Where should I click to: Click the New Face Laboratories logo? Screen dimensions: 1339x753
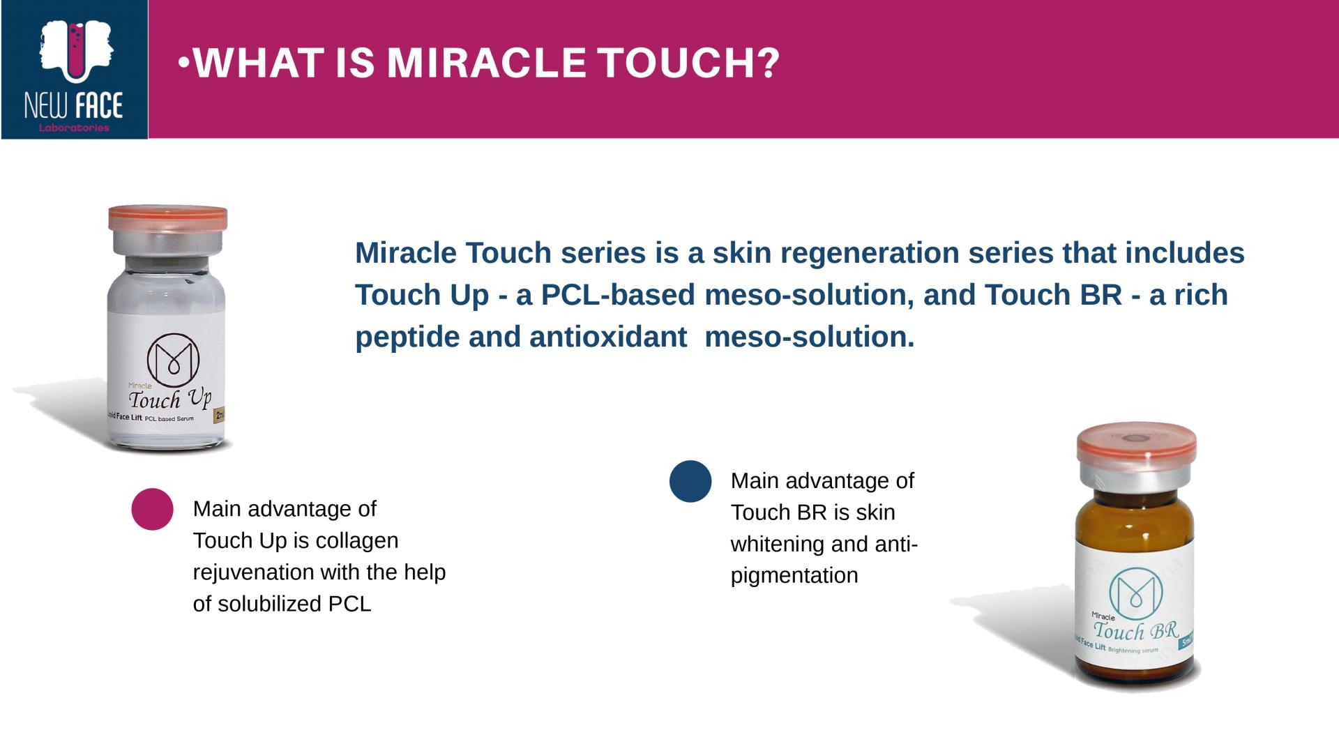[x=74, y=70]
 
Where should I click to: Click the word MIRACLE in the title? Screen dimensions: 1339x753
[x=486, y=63]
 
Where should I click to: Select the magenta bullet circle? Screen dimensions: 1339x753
[x=152, y=509]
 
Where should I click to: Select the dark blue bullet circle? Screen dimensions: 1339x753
[x=690, y=481]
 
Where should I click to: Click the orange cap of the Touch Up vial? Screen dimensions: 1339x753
[x=168, y=218]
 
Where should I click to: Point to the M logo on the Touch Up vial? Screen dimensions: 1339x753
[x=173, y=360]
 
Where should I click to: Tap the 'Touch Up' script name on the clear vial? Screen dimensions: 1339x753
[x=169, y=400]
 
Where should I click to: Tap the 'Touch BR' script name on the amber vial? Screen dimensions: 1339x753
[x=1135, y=631]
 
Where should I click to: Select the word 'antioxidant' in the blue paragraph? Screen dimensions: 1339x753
[x=608, y=337]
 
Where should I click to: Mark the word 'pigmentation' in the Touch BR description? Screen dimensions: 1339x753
[x=794, y=576]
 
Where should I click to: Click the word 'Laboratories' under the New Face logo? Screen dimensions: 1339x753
[x=74, y=128]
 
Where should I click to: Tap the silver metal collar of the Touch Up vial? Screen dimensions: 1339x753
[x=168, y=243]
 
